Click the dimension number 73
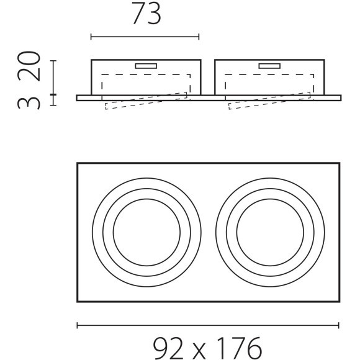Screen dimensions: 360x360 click(146, 14)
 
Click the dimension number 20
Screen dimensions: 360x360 click(29, 66)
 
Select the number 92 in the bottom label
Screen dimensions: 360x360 click(168, 348)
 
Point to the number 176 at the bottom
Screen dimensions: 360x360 click(239, 348)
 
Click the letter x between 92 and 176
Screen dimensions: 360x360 click(200, 351)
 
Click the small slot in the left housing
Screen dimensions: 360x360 click(146, 66)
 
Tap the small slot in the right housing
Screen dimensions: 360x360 click(269, 66)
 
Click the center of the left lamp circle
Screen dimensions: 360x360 click(146, 232)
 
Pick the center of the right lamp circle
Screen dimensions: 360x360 click(270, 232)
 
